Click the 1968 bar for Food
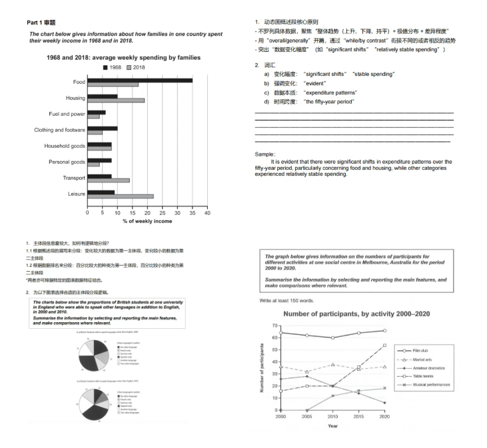[x=140, y=81]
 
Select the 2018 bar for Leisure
[x=121, y=196]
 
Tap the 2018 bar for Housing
[x=116, y=101]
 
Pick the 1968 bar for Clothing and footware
[x=103, y=128]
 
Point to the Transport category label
[x=74, y=178]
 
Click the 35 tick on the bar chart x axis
[x=193, y=213]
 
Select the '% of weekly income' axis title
[x=147, y=221]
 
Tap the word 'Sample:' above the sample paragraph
[x=265, y=154]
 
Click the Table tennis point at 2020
[x=384, y=345]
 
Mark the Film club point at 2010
[x=332, y=337]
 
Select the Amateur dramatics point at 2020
[x=384, y=403]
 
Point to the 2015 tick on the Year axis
[x=358, y=415]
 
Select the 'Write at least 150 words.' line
[x=288, y=300]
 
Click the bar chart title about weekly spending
[x=123, y=58]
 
